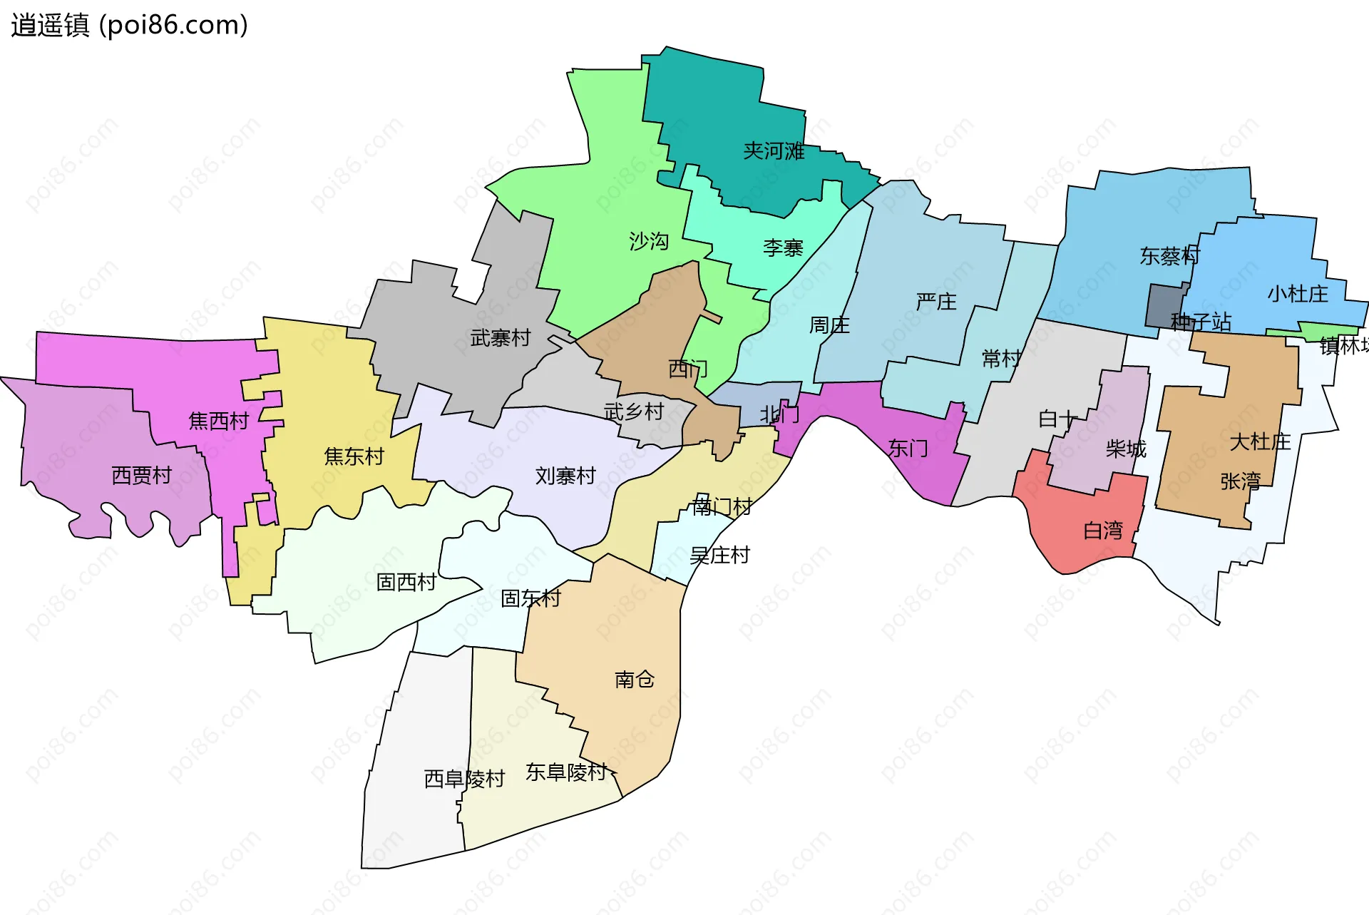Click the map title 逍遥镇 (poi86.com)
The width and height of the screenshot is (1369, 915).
tap(129, 25)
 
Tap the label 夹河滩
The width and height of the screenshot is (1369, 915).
tap(774, 151)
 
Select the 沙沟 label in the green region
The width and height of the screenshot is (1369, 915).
tap(649, 242)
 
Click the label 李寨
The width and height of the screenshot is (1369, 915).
tap(783, 248)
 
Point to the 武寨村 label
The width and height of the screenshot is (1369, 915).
tap(501, 338)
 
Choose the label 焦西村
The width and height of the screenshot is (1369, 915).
tap(218, 421)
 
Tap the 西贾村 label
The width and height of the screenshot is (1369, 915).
tap(142, 476)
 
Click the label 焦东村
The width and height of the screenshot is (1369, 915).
tap(354, 456)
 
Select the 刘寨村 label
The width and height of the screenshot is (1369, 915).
tap(565, 476)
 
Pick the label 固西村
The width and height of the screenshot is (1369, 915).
tap(406, 583)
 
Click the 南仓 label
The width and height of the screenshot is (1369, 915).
tap(635, 680)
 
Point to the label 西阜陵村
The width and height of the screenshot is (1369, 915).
tap(464, 779)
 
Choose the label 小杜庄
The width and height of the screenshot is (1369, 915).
tap(1298, 294)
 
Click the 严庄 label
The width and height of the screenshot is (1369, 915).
tap(936, 302)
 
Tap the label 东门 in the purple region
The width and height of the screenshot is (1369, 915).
tap(908, 449)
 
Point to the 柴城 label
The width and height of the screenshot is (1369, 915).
tap(1126, 449)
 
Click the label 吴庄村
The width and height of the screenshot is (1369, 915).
tap(719, 556)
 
